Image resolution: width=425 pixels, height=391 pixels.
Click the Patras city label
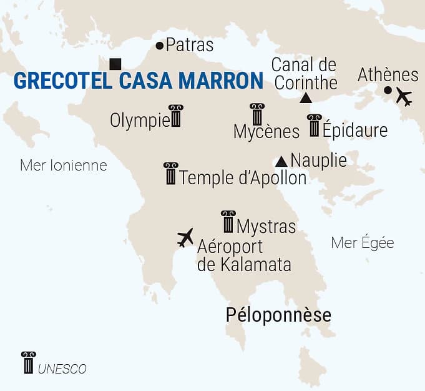coord(190,46)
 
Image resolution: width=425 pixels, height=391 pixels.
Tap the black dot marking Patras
coord(159,45)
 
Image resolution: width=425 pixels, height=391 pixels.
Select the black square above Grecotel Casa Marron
coord(115,63)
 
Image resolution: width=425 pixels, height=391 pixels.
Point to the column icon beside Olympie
coord(176,116)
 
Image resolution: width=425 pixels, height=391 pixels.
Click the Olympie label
coord(140,120)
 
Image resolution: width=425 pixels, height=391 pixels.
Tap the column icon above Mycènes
coord(256,114)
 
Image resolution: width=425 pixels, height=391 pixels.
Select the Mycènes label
coord(266,132)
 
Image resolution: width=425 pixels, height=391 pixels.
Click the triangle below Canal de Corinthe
coord(305,99)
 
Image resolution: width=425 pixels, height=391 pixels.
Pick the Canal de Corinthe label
coord(304,74)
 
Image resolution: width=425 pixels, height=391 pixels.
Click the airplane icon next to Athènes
coord(404,97)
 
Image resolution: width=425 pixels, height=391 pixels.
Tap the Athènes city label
coord(388,75)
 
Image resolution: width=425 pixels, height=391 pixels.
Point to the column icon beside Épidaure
coord(314,126)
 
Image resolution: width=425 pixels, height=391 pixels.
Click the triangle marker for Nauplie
coord(281,161)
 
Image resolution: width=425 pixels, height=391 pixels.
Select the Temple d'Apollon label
coord(243,178)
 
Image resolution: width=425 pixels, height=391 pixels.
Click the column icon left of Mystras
coord(228,221)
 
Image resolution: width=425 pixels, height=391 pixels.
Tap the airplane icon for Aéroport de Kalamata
coord(185,237)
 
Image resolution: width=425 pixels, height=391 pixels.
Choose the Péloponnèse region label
coord(278,315)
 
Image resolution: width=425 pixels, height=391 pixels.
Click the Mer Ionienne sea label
coord(64,166)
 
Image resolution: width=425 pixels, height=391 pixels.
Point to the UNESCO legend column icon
coord(28,362)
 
